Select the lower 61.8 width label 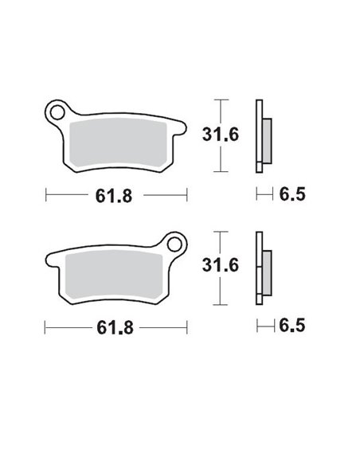(117, 326)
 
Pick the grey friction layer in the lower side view (265, 272)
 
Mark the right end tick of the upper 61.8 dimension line (186, 193)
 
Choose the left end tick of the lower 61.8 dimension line (46, 326)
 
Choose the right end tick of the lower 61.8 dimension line (186, 326)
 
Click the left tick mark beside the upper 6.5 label (256, 193)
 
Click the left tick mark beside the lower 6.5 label (256, 326)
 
